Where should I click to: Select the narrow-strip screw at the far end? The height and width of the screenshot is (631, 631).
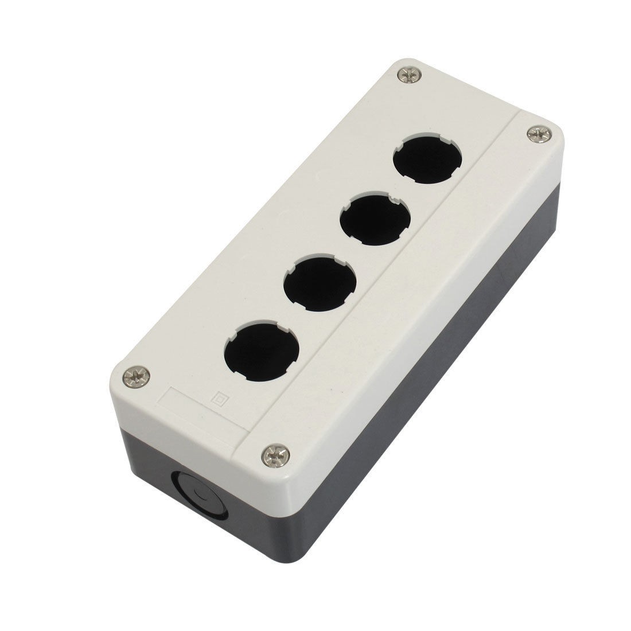click(537, 134)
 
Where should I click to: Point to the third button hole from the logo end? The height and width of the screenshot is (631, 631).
click(376, 220)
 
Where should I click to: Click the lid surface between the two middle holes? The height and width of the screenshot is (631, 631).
click(347, 252)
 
